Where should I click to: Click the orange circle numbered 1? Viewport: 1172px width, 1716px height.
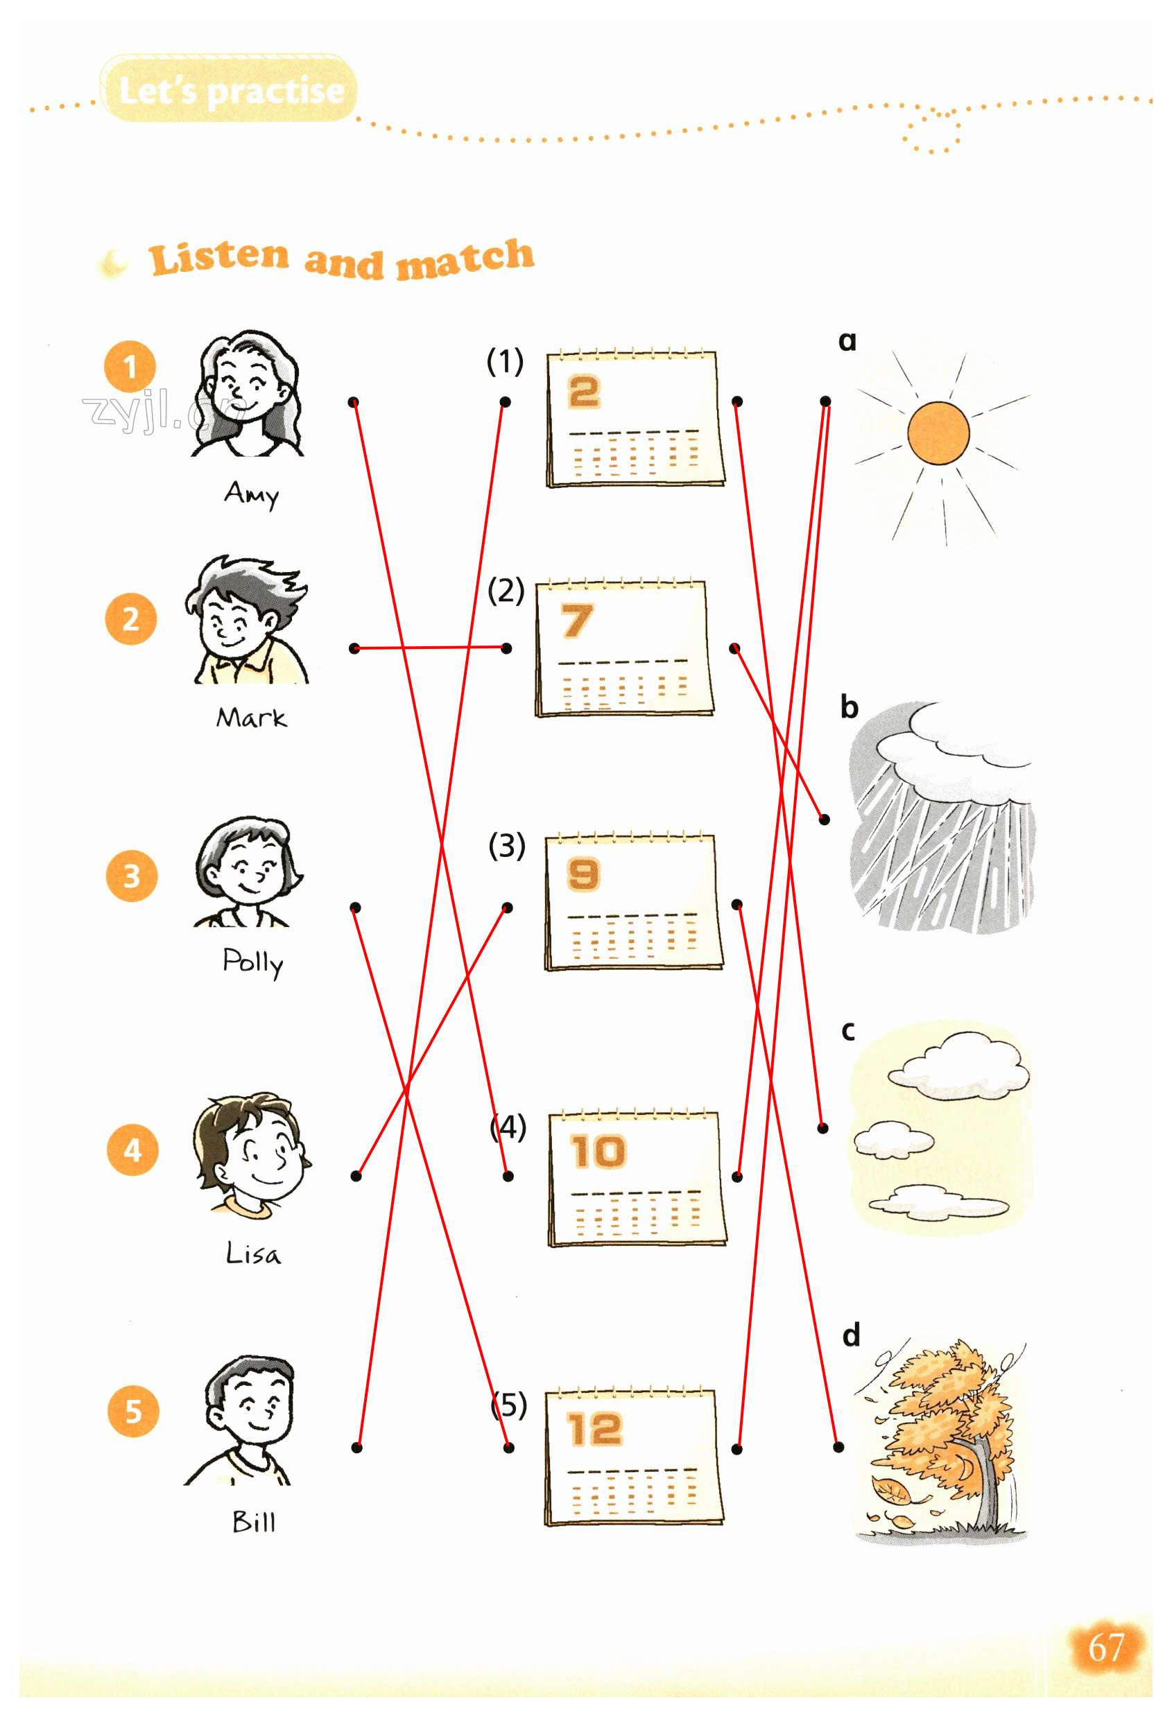coord(130,366)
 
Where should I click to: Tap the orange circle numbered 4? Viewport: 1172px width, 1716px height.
coord(133,1150)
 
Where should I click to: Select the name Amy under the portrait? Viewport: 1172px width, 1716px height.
coord(252,494)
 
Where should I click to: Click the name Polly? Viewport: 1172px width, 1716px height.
coord(253,963)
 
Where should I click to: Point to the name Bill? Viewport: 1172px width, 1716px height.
coord(253,1523)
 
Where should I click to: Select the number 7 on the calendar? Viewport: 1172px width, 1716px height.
coord(576,621)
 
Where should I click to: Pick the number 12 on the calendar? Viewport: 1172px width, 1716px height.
coord(594,1429)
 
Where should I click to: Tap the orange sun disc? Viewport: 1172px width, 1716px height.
coord(938,433)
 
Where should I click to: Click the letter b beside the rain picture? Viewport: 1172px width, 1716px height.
coord(850,707)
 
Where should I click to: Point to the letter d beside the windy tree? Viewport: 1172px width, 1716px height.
coord(852,1334)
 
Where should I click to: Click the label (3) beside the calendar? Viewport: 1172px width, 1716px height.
coord(507,845)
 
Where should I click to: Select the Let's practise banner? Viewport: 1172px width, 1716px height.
coord(228,89)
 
